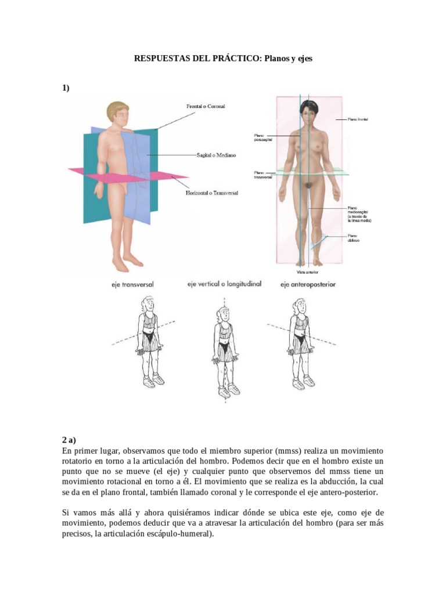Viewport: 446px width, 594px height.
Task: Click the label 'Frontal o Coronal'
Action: click(205, 107)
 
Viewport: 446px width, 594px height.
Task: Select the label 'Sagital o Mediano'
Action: click(215, 155)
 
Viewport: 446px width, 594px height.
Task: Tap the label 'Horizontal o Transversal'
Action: click(212, 193)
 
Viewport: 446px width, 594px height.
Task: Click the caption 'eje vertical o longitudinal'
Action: click(224, 284)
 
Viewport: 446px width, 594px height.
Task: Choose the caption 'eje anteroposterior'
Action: click(308, 285)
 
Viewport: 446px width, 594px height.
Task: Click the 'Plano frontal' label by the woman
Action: click(358, 119)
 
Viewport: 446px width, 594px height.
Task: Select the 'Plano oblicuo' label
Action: click(353, 238)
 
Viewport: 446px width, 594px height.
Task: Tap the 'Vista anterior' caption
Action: click(307, 271)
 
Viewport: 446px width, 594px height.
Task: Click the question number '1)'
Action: click(66, 88)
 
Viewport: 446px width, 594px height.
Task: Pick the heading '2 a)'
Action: click(69, 440)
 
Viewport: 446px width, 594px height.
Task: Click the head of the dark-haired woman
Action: click(307, 108)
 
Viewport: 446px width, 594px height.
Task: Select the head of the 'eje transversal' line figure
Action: click(147, 303)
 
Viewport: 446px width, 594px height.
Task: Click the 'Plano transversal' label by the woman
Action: click(263, 175)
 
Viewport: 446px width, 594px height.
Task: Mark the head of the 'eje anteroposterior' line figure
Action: click(300, 306)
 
